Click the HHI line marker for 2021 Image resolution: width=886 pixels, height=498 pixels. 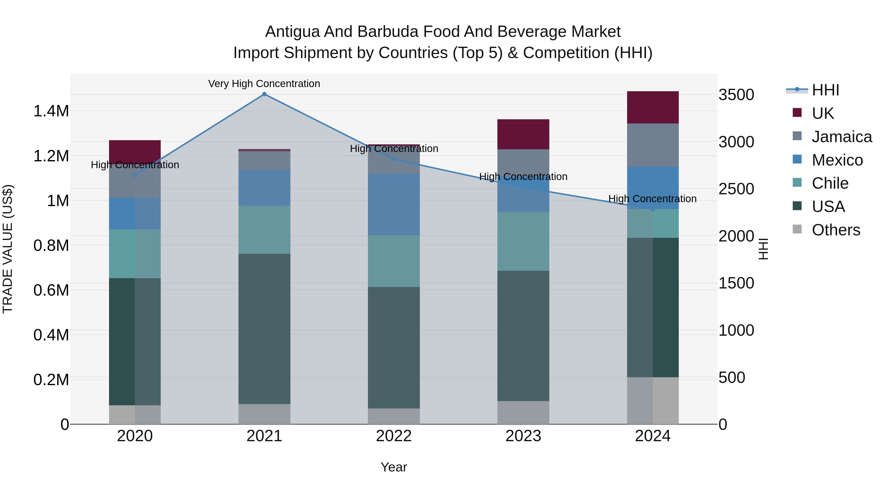(264, 94)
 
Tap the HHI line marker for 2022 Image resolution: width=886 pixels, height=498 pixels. (394, 159)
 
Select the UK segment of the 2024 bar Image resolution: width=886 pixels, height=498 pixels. (652, 107)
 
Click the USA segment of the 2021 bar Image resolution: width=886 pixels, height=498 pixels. (264, 329)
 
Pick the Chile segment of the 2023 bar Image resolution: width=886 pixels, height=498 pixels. (523, 241)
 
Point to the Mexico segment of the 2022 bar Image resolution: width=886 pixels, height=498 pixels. (394, 205)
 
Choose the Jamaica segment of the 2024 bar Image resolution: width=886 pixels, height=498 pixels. (652, 145)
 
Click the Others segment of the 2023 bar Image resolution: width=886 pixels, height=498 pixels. (523, 412)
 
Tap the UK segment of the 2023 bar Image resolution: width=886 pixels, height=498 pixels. (523, 134)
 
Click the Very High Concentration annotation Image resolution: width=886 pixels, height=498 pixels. (264, 84)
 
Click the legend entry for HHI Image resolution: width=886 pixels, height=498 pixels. (825, 90)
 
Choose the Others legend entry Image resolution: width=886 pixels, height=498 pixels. (836, 230)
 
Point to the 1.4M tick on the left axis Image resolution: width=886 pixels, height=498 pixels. (51, 111)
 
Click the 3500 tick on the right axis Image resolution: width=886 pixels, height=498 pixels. (736, 95)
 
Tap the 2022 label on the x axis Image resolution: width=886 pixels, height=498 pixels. (394, 436)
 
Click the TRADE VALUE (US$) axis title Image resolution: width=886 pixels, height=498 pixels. (8, 249)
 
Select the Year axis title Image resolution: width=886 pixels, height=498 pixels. (394, 467)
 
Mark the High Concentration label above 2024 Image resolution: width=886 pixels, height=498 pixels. (652, 199)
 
